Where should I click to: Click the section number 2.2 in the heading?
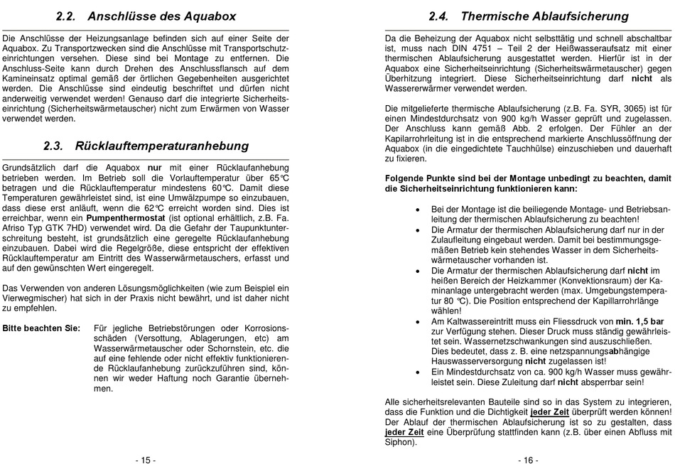coord(70,16)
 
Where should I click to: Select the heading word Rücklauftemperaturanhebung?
coord(161,146)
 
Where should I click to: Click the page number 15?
coord(146,460)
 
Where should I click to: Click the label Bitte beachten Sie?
coord(40,328)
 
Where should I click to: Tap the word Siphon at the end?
coord(399,442)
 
